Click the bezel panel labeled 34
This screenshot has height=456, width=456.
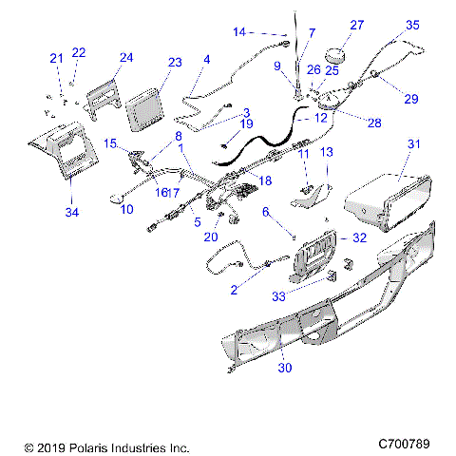pos(62,152)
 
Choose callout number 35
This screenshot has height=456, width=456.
pos(412,25)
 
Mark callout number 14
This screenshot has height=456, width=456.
pos(238,32)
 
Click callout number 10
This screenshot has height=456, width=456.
pos(126,208)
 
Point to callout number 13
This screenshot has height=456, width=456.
pos(324,152)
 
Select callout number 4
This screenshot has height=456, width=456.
pos(206,60)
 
